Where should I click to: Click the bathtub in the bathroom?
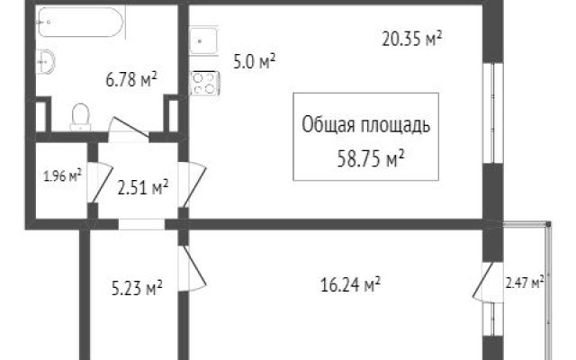pos(80,22)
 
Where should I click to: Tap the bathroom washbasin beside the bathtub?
pos(46,61)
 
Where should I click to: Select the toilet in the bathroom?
pos(80,117)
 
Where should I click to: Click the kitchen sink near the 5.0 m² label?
pos(203,40)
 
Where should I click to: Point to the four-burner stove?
pos(205,84)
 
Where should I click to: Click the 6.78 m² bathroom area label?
pos(131,79)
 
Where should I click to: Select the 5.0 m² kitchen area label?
pos(254,62)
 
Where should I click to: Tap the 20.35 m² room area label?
pos(411,39)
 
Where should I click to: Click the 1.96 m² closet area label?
pos(62,175)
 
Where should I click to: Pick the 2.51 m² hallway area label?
pos(143,188)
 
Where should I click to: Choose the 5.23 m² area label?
pos(137,288)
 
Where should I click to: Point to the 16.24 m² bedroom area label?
pos(350,284)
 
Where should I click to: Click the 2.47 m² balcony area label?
pos(525,283)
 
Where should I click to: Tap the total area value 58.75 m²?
pos(371,158)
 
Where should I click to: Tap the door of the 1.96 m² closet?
pos(100,182)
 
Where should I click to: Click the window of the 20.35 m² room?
pos(492,113)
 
